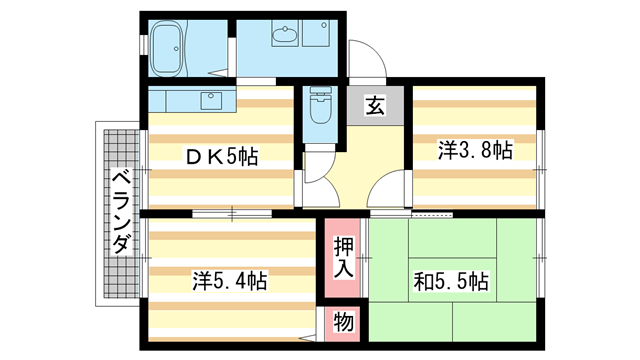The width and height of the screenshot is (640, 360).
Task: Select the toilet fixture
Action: click(321, 107)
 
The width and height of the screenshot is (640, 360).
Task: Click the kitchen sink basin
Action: click(212, 100)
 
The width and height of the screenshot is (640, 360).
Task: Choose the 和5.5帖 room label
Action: click(452, 281)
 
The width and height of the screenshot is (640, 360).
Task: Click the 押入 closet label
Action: click(341, 258)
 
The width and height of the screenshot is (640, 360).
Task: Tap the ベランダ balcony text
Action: click(120, 212)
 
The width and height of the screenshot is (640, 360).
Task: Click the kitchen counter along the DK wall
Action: click(190, 100)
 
